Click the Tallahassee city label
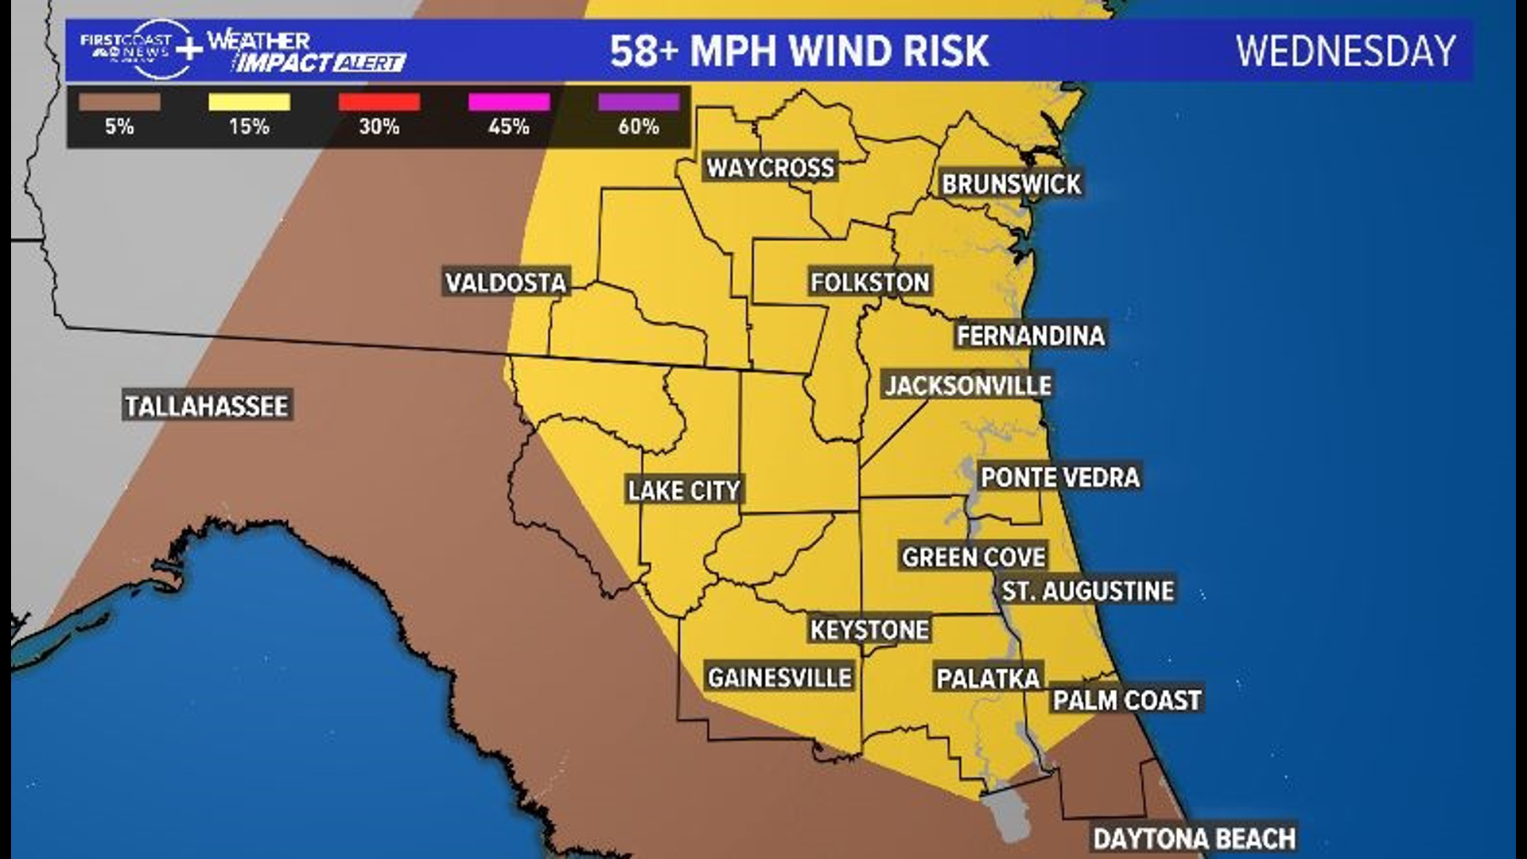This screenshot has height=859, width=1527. coord(207,406)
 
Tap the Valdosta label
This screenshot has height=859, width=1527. coord(506,282)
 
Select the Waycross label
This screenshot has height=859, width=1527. coord(771,168)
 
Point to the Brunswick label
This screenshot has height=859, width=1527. coord(1011,185)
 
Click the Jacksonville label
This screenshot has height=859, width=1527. coord(968,386)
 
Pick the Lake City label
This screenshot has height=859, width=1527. coord(684,490)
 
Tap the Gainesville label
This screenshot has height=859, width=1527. coord(779,678)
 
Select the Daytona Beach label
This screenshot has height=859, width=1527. coord(1194,838)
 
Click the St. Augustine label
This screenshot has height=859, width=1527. coord(1087,591)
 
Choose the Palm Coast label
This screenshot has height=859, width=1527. coord(1126,700)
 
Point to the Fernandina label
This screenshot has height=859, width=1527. coord(1030,336)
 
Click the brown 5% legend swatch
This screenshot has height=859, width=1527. coord(119,102)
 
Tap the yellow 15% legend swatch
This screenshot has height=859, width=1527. coord(249,102)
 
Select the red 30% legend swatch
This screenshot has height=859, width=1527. coord(379,102)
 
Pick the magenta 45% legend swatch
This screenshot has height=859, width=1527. coord(509,102)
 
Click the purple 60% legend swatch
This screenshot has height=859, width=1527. coord(639,102)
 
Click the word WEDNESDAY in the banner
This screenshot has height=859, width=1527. coord(1346,51)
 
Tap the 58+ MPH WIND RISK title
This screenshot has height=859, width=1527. coord(799,51)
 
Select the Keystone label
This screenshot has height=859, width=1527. coord(869,630)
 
